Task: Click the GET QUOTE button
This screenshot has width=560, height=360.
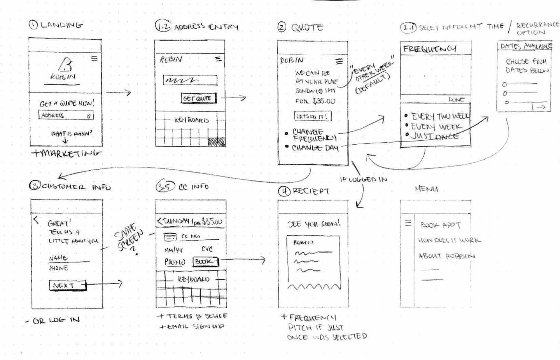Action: click(198, 98)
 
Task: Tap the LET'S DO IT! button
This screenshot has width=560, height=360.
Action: click(312, 116)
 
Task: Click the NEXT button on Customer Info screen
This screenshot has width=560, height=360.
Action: click(67, 286)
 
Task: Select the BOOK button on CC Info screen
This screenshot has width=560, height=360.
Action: click(206, 262)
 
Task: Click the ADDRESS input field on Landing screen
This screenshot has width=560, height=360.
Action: click(65, 115)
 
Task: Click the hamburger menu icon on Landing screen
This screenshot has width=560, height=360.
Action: click(94, 59)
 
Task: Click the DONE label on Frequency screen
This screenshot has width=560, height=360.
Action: click(456, 100)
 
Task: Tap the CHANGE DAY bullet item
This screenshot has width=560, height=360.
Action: click(315, 148)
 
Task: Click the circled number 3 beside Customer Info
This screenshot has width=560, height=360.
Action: click(35, 186)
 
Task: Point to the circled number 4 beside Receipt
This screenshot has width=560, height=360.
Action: click(284, 191)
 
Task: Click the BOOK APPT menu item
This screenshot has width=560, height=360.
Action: click(440, 225)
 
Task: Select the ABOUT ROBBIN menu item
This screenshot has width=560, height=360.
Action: click(446, 256)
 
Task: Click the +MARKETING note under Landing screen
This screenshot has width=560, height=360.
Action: click(66, 153)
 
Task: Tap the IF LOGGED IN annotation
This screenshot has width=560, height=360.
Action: click(363, 180)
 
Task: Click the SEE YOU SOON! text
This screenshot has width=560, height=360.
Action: click(314, 224)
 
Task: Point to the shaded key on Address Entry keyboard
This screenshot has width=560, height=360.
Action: click(217, 142)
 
